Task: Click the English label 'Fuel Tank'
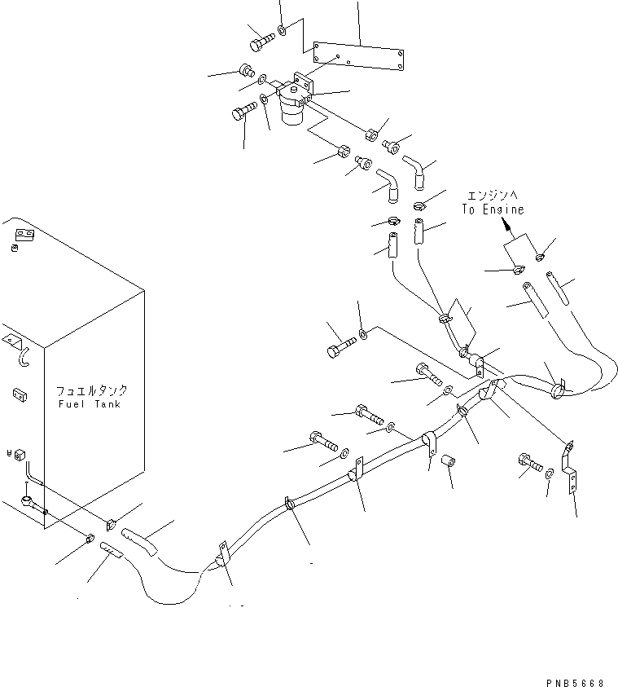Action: [x=89, y=404]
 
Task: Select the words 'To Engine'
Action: [x=493, y=209]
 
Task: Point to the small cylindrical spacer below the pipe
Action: [x=447, y=463]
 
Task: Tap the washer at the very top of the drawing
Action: [x=282, y=31]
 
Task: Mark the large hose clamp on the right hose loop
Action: [x=557, y=390]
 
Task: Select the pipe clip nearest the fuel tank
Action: [x=221, y=555]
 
